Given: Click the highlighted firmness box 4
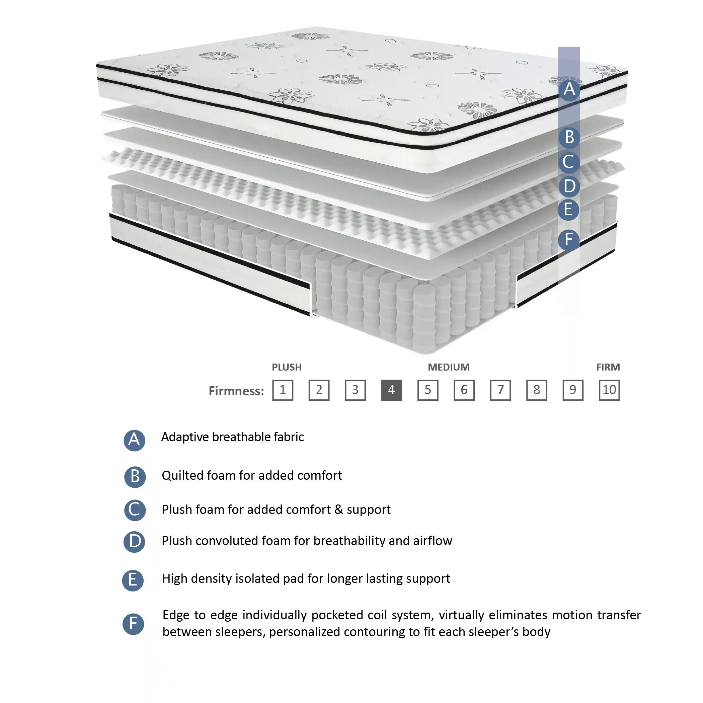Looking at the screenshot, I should [392, 390].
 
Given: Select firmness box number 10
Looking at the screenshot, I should [609, 390].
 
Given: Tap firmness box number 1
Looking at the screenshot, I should [283, 390].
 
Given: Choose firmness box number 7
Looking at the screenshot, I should [500, 390].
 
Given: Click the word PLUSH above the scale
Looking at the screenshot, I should [287, 367].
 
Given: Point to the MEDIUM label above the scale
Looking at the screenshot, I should [449, 367].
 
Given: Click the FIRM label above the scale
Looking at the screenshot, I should [608, 367].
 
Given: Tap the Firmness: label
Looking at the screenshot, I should [236, 391].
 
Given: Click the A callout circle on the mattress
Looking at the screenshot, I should [569, 89].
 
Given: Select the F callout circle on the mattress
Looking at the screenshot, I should [568, 240].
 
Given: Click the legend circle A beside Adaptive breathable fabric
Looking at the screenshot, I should [134, 440].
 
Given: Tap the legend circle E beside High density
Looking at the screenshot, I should [133, 580].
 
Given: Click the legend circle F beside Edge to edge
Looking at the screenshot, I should [133, 624].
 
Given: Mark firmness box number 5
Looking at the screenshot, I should [427, 390].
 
